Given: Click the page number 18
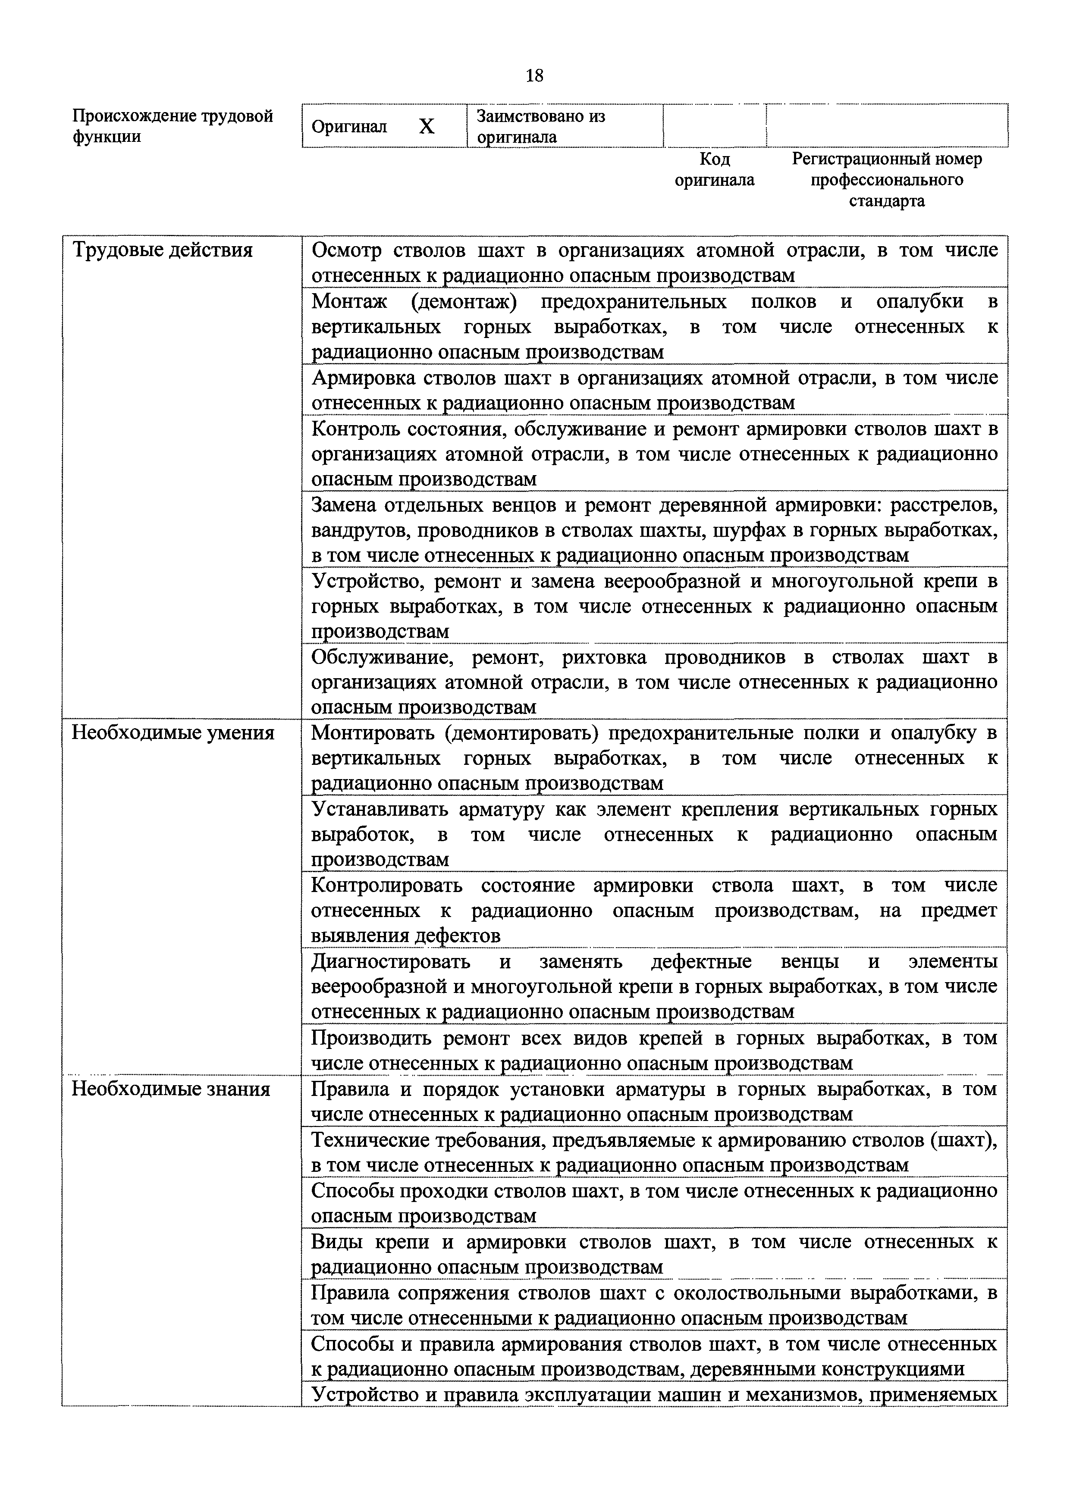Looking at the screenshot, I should pyautogui.click(x=534, y=76).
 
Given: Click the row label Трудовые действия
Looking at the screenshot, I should pyautogui.click(x=162, y=250).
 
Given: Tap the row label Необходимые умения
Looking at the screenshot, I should pyautogui.click(x=173, y=733).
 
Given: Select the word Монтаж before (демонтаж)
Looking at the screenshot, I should pyautogui.click(x=349, y=302).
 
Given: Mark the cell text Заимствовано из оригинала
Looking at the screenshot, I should pyautogui.click(x=540, y=126).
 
